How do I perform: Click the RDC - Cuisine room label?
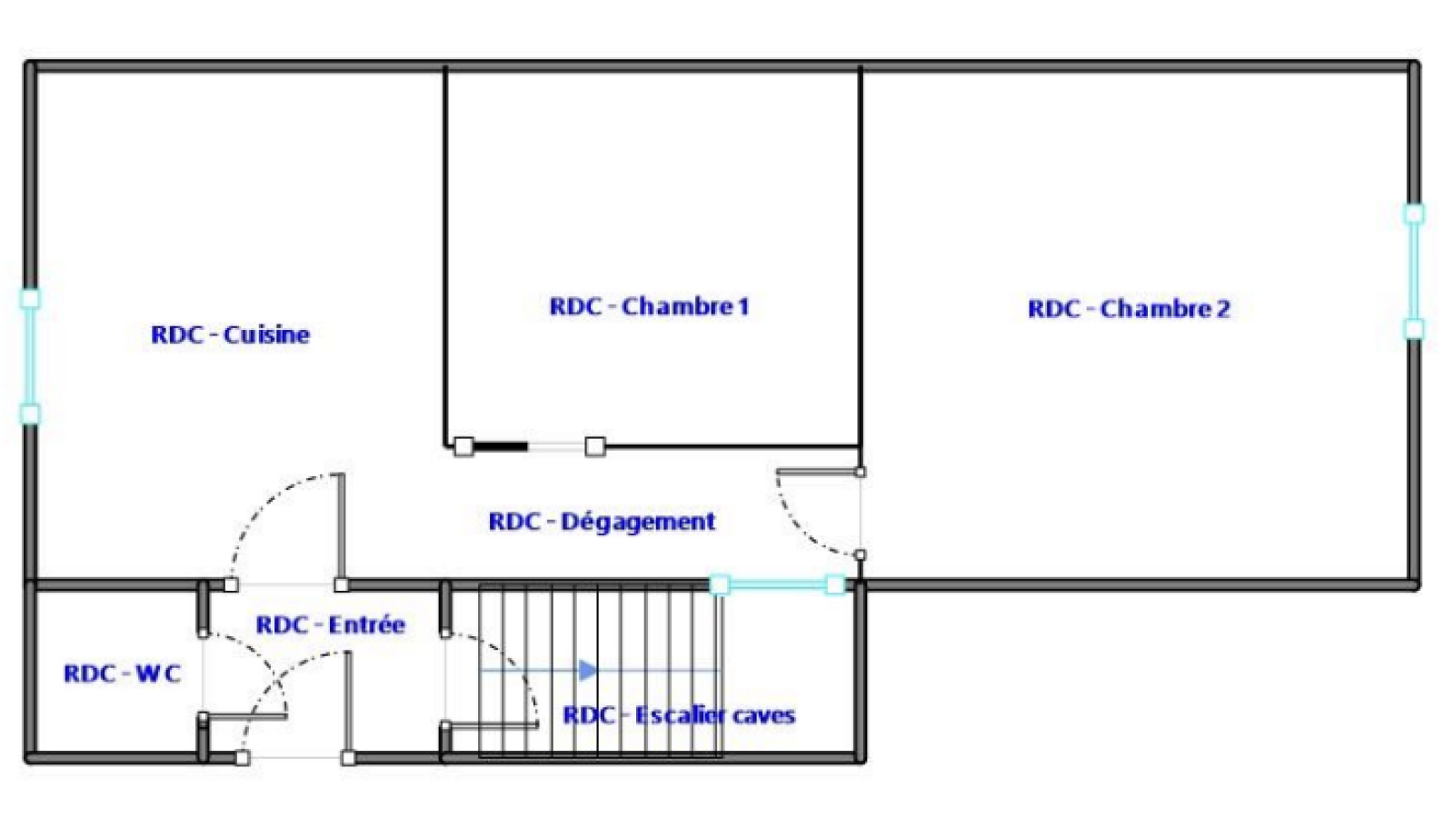click(x=231, y=335)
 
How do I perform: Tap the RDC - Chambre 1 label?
click(x=649, y=306)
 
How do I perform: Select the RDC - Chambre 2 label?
click(x=1129, y=309)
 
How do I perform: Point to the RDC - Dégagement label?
click(x=602, y=522)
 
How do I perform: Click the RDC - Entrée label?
click(x=331, y=625)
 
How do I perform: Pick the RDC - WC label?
click(x=122, y=673)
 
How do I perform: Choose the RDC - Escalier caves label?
click(x=679, y=715)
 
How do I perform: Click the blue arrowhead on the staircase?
click(x=588, y=670)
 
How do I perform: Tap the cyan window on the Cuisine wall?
click(x=30, y=356)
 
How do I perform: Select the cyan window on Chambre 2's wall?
click(x=1414, y=272)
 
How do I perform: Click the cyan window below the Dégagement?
click(x=778, y=585)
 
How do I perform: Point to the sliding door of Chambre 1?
click(x=530, y=446)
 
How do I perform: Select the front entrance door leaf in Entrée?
click(x=348, y=704)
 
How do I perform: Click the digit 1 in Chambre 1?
click(x=743, y=306)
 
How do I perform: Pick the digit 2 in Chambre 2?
click(x=1223, y=309)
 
